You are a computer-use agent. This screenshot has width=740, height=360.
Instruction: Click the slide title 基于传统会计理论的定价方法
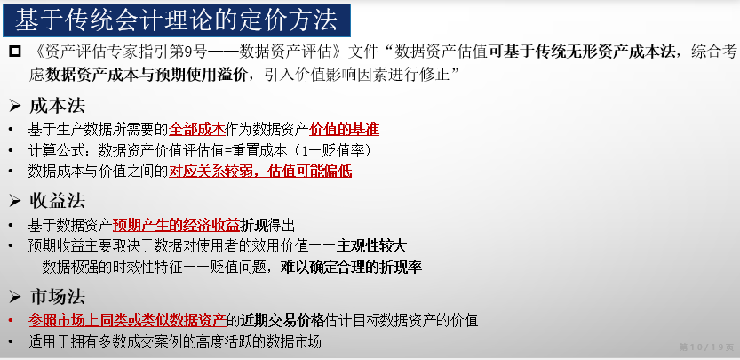click(176, 20)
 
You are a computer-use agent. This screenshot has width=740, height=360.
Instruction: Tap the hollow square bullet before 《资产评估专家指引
click(15, 51)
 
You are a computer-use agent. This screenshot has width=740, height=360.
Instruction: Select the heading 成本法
click(57, 106)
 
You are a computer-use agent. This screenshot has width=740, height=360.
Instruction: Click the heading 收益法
click(57, 201)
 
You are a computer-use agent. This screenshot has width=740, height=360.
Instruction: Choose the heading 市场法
click(57, 297)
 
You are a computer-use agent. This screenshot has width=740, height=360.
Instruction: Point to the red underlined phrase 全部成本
click(197, 129)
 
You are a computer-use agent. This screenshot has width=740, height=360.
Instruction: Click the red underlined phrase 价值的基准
click(344, 129)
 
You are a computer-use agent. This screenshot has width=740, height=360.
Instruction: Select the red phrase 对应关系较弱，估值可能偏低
click(260, 171)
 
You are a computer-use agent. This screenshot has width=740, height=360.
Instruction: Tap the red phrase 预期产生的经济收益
click(177, 226)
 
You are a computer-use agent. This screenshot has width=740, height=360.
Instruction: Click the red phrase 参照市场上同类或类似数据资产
click(127, 320)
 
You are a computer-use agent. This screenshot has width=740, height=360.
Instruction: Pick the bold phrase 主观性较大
click(372, 246)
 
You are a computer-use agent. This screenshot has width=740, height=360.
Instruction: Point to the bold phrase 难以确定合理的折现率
click(351, 268)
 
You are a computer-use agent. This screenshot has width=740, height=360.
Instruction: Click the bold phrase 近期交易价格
click(282, 320)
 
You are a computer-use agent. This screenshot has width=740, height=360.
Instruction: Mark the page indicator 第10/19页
click(706, 348)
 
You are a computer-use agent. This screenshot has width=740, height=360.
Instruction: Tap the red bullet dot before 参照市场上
click(11, 321)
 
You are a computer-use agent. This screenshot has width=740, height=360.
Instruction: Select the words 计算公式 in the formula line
click(56, 150)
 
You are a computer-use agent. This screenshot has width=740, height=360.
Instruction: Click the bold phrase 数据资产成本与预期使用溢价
click(146, 75)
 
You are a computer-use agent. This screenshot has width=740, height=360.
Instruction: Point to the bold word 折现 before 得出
click(254, 226)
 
